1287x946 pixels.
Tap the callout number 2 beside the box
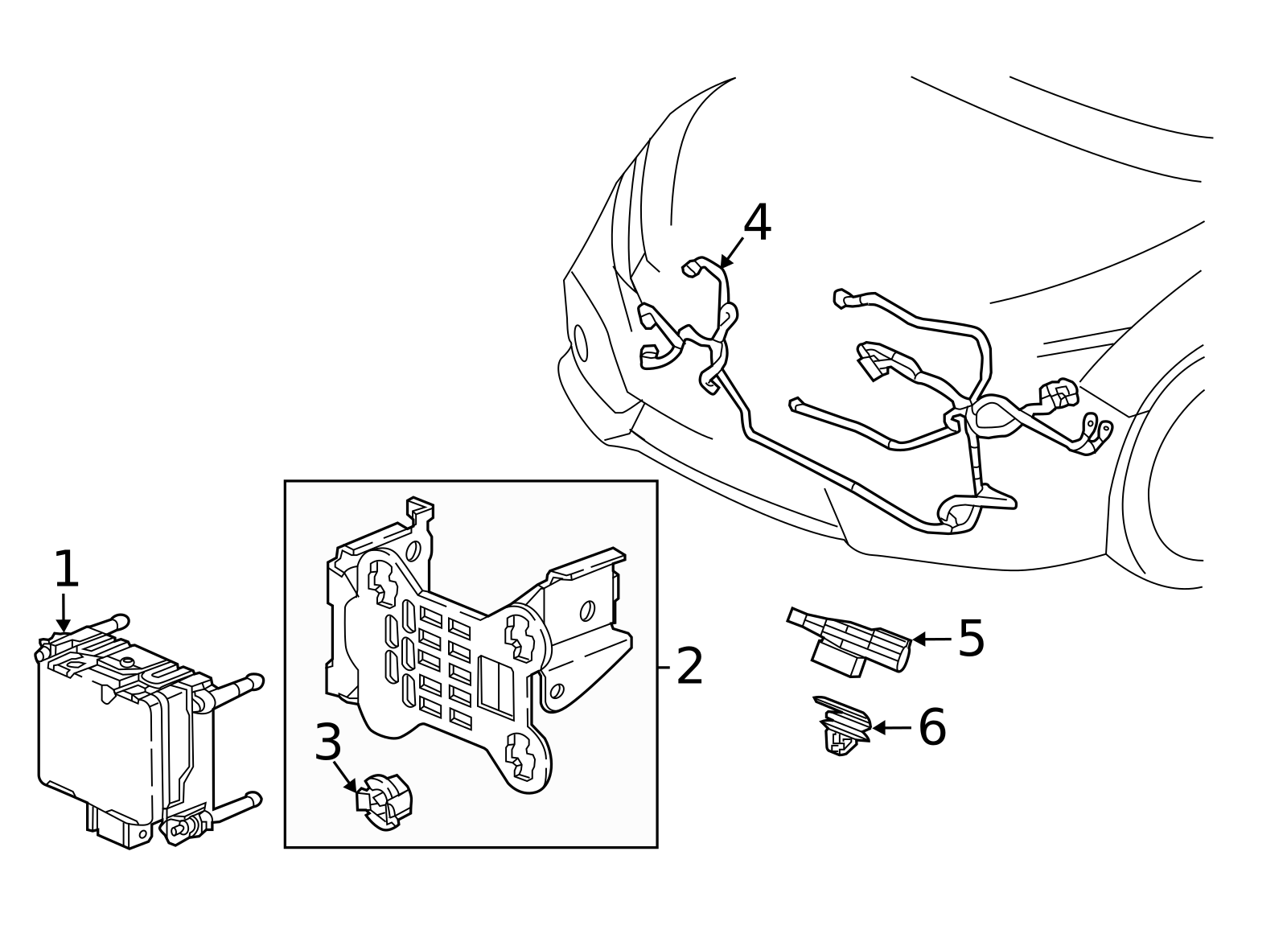(690, 666)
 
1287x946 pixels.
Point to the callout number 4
(757, 223)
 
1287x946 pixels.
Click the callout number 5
(971, 639)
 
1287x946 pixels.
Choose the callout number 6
(932, 727)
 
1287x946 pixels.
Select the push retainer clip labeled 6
(843, 724)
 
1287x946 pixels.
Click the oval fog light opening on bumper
(580, 343)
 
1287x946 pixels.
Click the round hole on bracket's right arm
(588, 611)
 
